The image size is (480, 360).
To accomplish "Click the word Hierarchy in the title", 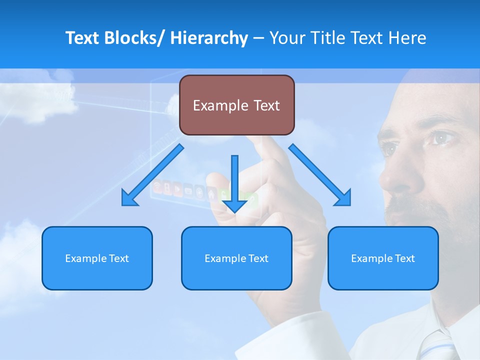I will (209, 38).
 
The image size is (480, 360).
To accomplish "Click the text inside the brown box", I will (236, 105).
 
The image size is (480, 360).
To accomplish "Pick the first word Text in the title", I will (83, 38).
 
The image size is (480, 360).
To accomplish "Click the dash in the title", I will (258, 38).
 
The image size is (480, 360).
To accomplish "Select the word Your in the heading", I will (286, 38).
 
